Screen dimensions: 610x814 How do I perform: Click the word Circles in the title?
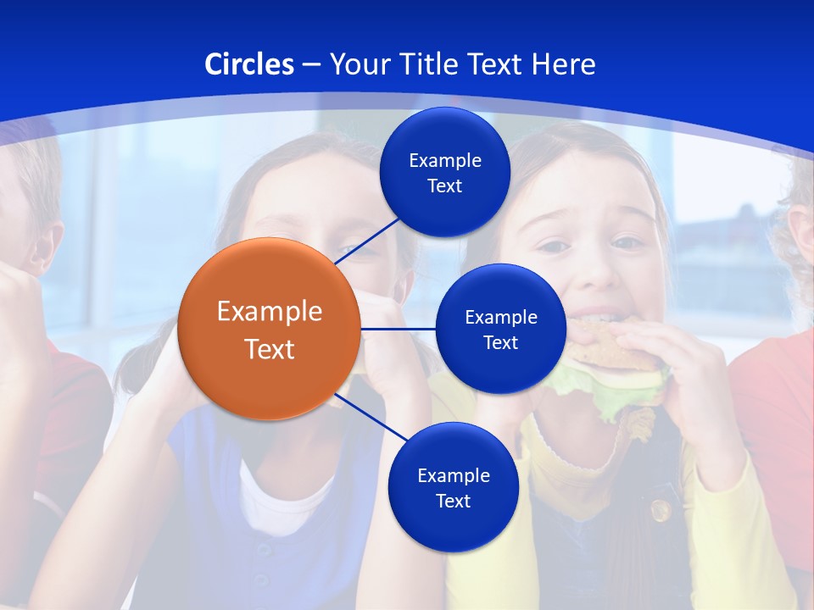tap(249, 64)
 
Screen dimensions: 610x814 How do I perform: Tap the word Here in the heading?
tap(564, 64)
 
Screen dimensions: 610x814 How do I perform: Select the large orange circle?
tap(269, 329)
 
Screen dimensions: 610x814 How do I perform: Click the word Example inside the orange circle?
tap(270, 312)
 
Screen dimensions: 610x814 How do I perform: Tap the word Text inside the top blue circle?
tap(444, 186)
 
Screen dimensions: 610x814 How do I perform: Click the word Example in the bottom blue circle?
tap(453, 476)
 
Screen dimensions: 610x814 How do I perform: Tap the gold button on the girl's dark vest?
tap(660, 510)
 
